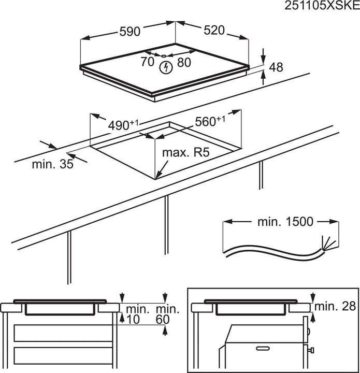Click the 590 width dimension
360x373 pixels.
(129, 32)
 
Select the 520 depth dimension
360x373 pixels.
(213, 31)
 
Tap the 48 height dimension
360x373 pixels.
(277, 67)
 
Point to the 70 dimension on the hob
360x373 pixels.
(147, 62)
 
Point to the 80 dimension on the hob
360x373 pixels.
(184, 62)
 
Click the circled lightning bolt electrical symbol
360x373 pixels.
(166, 67)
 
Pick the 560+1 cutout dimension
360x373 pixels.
(210, 122)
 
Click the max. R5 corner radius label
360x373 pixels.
(185, 153)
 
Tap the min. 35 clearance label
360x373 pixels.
(52, 165)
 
